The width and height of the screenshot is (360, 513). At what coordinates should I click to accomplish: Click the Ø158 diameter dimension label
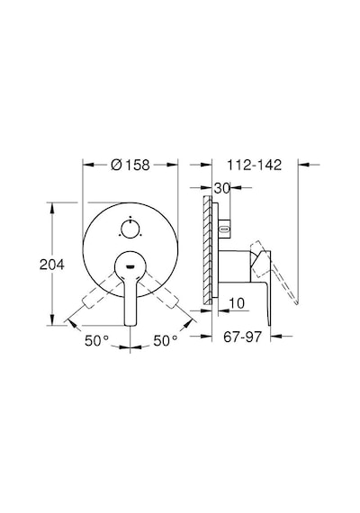coord(130,165)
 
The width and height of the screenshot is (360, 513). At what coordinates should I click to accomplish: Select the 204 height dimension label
coord(51,265)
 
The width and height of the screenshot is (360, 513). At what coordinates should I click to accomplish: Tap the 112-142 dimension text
coord(255,165)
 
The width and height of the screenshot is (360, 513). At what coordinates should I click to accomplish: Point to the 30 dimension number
coord(222,188)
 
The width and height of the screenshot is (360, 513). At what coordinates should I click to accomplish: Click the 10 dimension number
coord(237,303)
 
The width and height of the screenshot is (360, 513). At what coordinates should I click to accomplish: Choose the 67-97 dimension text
coord(242,337)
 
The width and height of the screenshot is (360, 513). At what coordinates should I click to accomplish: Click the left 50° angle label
coord(96,341)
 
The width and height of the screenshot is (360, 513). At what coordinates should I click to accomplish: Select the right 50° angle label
coord(166,341)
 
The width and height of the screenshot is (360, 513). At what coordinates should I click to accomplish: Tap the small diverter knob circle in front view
coord(130,229)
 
